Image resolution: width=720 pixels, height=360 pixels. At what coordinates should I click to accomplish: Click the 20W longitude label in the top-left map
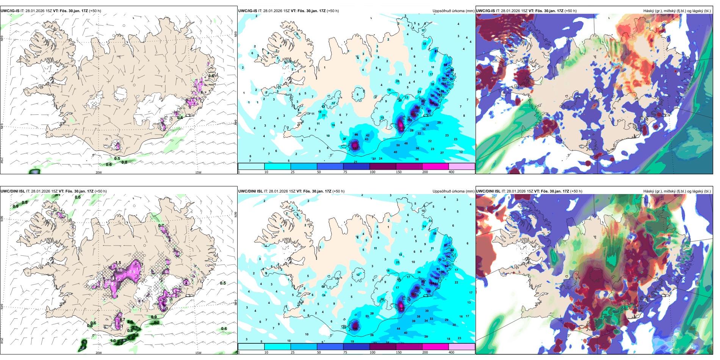tap(99, 172)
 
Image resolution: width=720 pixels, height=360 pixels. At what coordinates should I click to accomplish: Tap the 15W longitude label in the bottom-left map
tap(198, 353)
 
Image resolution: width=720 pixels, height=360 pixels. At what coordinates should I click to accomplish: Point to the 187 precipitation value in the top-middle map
tap(355, 149)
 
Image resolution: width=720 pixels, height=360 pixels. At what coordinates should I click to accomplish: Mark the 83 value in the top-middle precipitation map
tap(436, 51)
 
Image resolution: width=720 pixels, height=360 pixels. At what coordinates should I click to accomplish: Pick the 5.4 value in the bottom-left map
tap(83, 347)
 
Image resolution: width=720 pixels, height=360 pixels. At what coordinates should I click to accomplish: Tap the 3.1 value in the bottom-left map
tap(135, 328)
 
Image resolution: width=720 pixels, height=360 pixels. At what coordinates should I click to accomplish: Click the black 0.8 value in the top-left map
tap(124, 162)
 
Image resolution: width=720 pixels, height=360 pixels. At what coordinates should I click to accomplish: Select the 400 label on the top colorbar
tap(451, 172)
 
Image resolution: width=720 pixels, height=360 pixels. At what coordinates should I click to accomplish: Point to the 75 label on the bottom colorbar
tap(345, 352)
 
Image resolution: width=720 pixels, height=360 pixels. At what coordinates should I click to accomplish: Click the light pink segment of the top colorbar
tap(462, 166)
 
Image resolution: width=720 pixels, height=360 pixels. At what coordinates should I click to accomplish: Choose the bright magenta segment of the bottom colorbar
tap(435, 347)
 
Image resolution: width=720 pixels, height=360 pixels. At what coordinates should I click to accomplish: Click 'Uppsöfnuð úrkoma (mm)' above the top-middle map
tap(453, 11)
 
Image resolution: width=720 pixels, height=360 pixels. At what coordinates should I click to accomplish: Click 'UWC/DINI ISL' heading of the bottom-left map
tap(13, 191)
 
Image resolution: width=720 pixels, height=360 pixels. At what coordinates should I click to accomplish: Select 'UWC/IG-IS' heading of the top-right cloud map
tap(485, 11)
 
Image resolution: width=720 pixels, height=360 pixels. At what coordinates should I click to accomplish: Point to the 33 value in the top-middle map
tap(424, 44)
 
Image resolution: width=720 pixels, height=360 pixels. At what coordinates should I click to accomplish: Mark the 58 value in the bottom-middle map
tap(435, 233)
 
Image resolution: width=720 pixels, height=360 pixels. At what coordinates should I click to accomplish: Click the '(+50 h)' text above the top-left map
tap(95, 11)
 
